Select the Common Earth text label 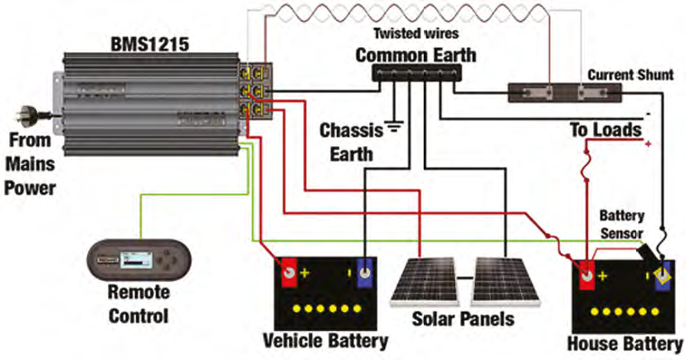416,56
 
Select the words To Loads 605,130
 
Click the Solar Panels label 463,319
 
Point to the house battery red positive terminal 586,274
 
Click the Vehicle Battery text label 324,340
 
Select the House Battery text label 625,343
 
